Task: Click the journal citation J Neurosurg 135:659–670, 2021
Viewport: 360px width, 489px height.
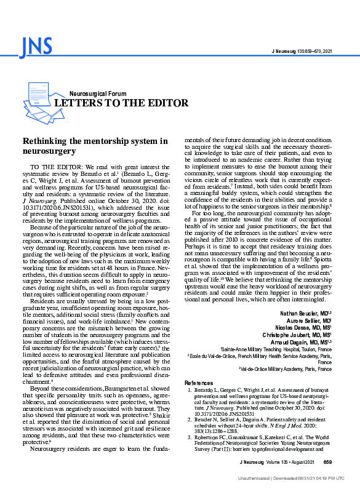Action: [302, 50]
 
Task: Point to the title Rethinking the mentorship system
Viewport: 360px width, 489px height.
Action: [95, 146]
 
